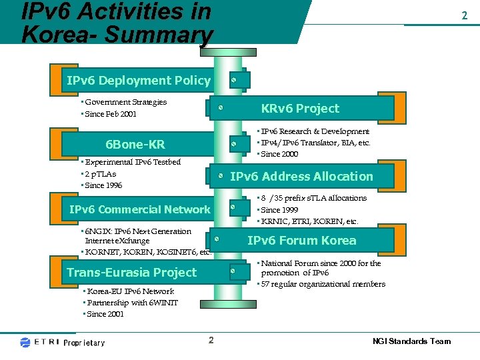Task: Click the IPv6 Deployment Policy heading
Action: [139, 81]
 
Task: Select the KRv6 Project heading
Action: [300, 109]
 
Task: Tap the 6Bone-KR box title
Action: [135, 145]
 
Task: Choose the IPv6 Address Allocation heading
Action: [301, 177]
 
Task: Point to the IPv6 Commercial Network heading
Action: [140, 209]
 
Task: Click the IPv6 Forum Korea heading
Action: [301, 241]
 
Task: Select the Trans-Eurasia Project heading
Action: [132, 272]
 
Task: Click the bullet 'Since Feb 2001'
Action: [110, 114]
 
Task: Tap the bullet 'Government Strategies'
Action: [125, 102]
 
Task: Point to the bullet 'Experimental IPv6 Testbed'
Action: [132, 162]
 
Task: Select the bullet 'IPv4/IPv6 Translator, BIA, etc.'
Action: [315, 143]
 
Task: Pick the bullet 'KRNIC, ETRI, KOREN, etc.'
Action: [309, 221]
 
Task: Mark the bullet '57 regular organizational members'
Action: [323, 284]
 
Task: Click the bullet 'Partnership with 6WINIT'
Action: [131, 303]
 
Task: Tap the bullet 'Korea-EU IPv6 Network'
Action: [129, 291]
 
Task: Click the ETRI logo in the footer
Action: [40, 342]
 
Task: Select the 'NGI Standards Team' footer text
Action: [411, 341]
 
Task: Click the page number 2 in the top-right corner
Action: [464, 15]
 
